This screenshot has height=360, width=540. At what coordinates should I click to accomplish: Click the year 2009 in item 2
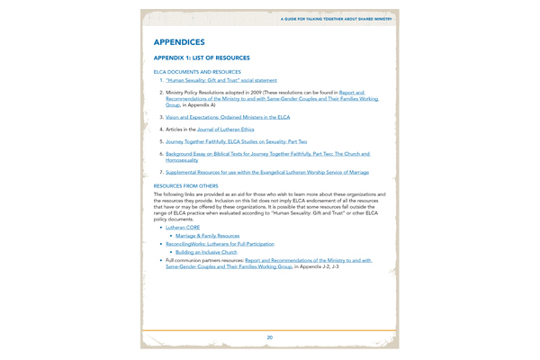258,92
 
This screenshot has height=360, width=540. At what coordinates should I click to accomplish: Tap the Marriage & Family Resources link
208,236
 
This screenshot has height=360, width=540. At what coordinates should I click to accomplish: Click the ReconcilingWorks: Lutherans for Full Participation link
220,244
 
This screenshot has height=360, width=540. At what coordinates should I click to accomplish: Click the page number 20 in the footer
270,337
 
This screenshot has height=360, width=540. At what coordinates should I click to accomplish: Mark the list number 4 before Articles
161,130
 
